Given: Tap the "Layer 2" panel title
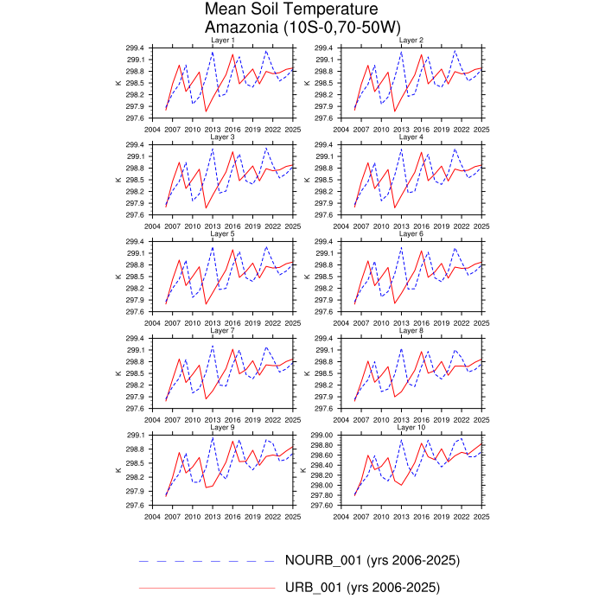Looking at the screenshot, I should tap(411, 41).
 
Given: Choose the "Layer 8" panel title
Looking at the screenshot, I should tap(411, 331).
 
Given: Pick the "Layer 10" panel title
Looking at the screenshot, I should tap(411, 428).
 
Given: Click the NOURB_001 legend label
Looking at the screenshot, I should tap(372, 560).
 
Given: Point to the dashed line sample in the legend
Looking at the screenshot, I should tap(207, 561).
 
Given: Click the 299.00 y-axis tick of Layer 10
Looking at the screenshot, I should tap(324, 435).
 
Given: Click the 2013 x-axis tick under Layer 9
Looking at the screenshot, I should tap(212, 516).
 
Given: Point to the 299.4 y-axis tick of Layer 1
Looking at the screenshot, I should tap(138, 48).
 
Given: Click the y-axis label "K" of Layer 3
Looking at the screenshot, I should tap(118, 180).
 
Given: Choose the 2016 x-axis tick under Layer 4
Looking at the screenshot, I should tap(421, 226).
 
